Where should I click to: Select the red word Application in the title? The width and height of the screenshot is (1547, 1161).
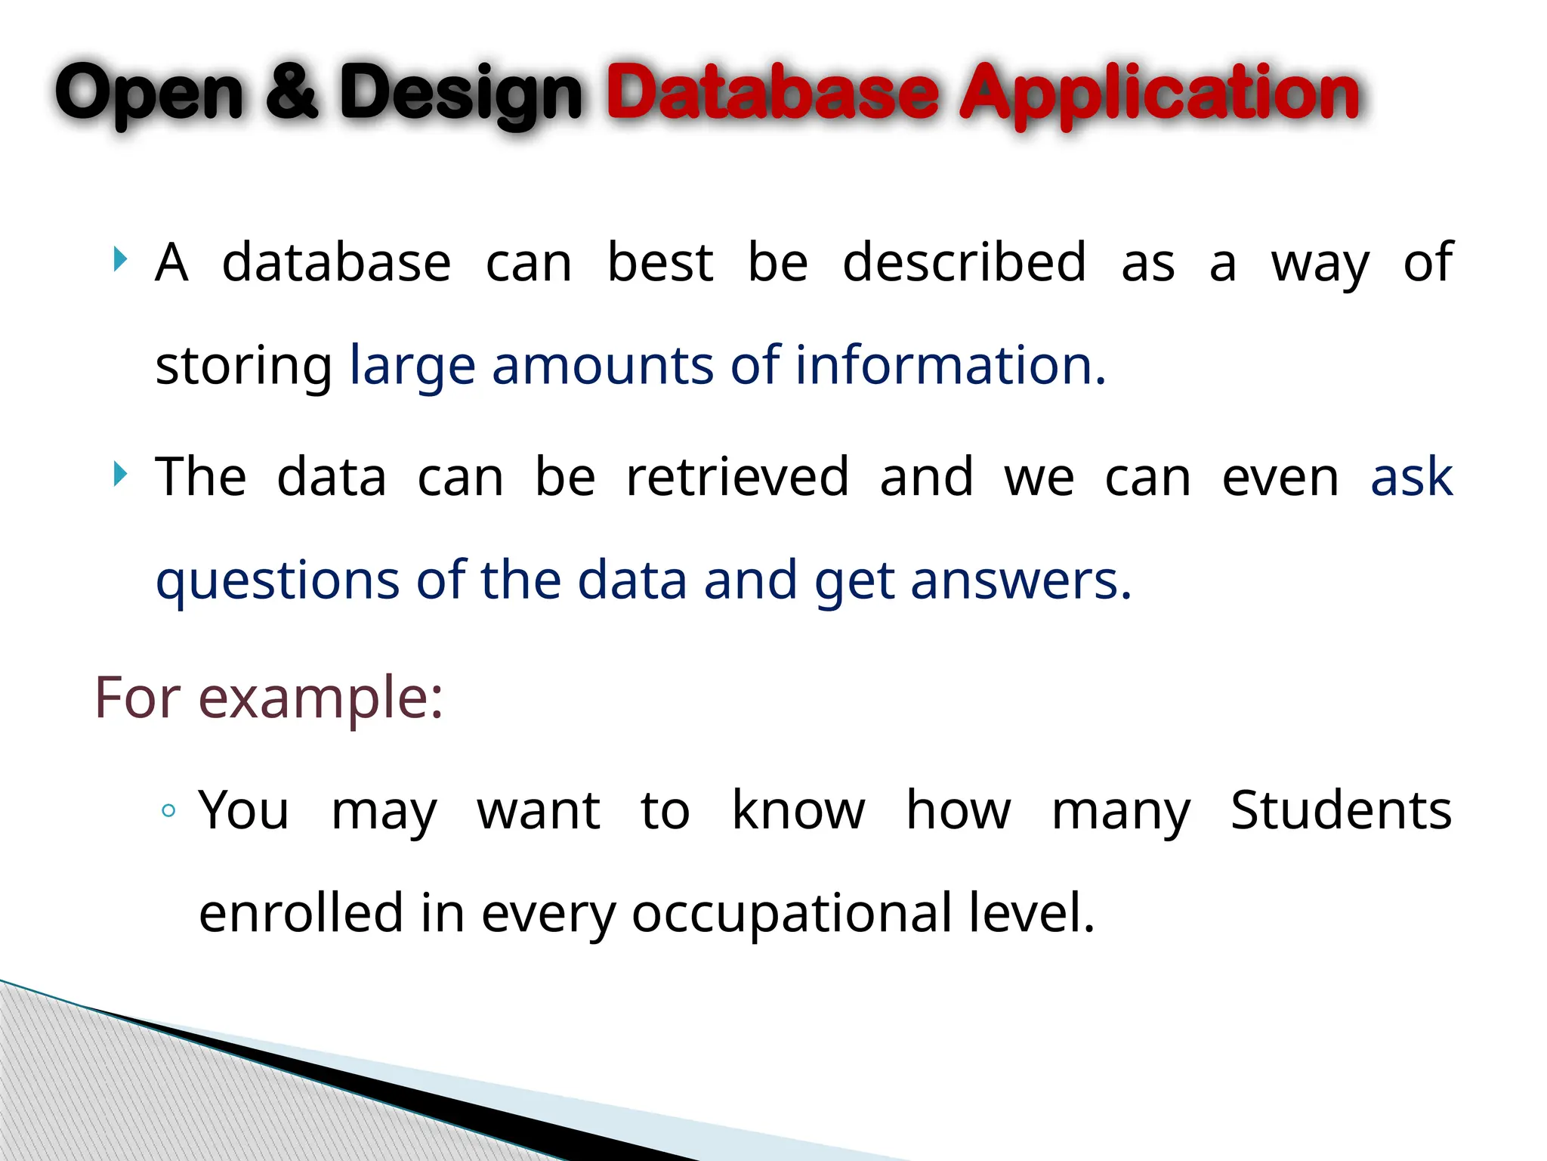coord(1159,94)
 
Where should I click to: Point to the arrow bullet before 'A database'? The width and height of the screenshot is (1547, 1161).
coord(119,259)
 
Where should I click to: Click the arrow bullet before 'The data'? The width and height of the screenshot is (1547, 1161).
coord(119,475)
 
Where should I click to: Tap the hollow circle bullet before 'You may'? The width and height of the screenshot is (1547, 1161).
coord(168,811)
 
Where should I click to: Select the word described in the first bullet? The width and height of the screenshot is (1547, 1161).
coord(964,262)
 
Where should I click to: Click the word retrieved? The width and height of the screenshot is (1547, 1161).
coord(737,477)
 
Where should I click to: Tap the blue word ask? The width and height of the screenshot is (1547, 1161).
coord(1411,478)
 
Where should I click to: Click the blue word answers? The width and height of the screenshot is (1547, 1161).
coord(1021,580)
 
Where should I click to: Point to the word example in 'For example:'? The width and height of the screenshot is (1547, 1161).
coord(320,698)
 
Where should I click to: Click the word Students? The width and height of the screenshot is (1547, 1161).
coord(1341,810)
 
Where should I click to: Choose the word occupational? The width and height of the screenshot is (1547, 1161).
coord(792,914)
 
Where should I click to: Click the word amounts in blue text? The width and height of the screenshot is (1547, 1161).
coord(602,365)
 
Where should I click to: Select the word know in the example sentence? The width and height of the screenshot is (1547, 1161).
coord(798,810)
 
